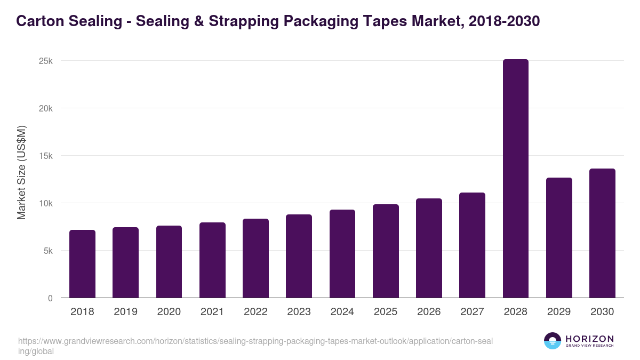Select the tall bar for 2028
[515, 179]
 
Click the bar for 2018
[82, 264]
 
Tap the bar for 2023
[299, 256]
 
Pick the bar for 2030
[602, 233]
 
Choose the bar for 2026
[429, 248]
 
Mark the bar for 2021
[212, 260]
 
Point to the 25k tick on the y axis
[46, 61]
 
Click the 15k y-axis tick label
[46, 156]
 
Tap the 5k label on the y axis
[48, 251]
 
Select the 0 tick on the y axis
[50, 298]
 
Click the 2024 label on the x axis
[342, 312]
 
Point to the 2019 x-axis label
[125, 312]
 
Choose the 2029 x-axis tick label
[559, 312]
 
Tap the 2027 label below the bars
[472, 312]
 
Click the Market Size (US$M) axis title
[21, 172]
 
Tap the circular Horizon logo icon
[553, 341]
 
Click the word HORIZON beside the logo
[589, 338]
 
